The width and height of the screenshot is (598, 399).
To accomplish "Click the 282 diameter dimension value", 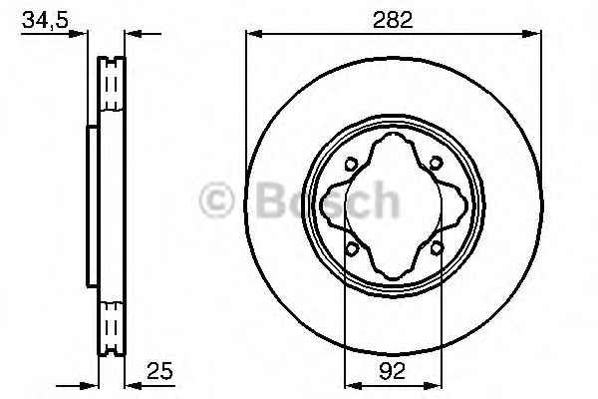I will pos(394,17).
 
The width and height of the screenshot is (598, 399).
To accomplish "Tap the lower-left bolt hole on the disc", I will pos(351,247).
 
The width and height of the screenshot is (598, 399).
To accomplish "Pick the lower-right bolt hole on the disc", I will pos(437,247).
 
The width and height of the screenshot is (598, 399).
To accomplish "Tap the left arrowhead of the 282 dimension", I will pos(251,36).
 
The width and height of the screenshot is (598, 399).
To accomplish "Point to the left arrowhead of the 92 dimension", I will pos(349,383).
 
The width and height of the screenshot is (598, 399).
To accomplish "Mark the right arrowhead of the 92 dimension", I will pos(439,383).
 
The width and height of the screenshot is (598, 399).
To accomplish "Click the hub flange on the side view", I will pos(91,204).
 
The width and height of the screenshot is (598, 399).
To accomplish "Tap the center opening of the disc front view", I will pos(394,206).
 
